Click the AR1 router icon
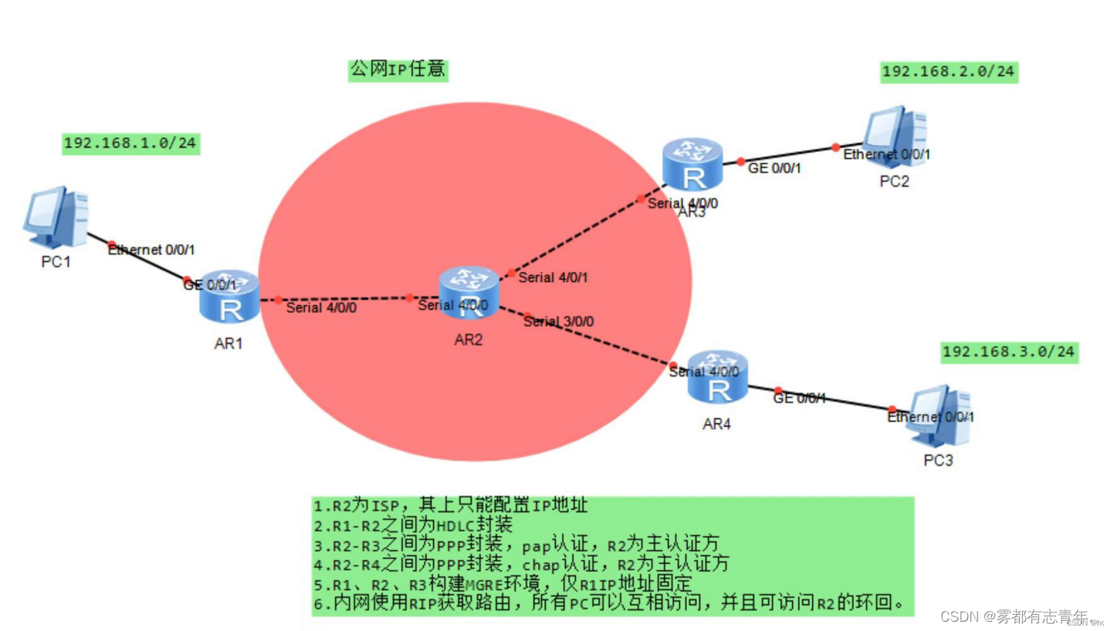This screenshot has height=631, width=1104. [229, 297]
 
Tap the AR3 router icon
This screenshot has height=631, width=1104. [693, 164]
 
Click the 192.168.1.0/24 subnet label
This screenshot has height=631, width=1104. [131, 143]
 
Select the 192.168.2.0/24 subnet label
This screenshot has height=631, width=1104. [949, 72]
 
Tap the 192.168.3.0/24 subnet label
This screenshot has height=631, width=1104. [1008, 352]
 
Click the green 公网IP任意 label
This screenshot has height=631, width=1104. [398, 70]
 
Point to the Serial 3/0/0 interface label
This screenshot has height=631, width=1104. [559, 321]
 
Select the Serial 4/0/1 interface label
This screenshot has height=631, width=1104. [554, 277]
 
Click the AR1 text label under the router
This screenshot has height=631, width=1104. [229, 344]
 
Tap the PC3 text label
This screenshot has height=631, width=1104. [938, 461]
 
